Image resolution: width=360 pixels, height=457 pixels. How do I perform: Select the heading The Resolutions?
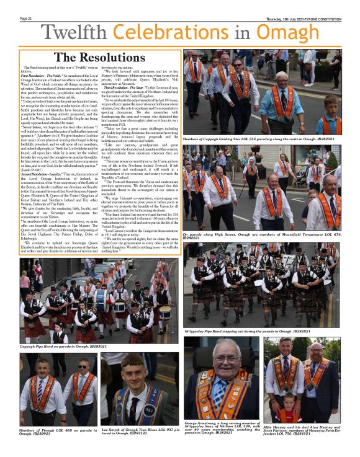click(99, 58)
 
